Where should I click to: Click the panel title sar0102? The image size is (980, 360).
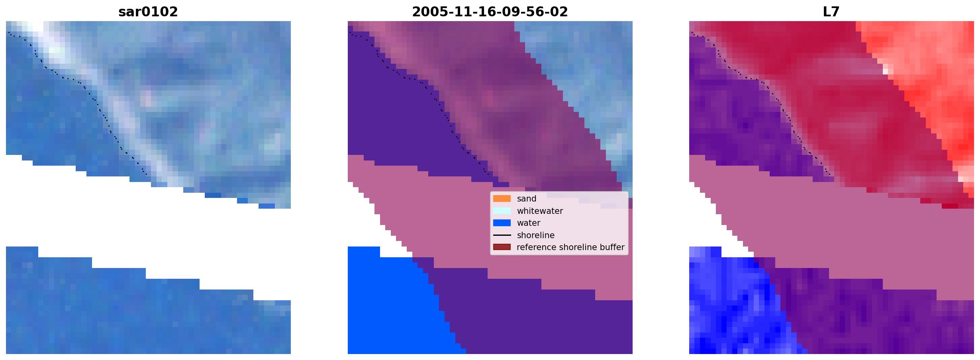tap(148, 12)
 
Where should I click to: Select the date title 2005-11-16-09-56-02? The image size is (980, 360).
tap(490, 12)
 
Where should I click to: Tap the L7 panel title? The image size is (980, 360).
tap(831, 12)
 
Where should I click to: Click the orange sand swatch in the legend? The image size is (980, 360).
tap(502, 199)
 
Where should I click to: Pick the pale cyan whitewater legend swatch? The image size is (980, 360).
tap(502, 211)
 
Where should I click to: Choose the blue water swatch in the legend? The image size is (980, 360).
tap(502, 223)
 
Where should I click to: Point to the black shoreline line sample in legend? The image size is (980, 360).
tap(502, 235)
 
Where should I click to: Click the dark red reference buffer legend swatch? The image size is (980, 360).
tap(502, 247)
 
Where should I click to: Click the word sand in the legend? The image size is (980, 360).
tap(527, 199)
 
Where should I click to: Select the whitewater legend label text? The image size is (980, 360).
tap(540, 211)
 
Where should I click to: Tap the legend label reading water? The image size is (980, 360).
tap(529, 223)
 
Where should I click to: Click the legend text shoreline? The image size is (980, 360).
tap(536, 235)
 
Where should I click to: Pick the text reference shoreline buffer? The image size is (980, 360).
tap(570, 247)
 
